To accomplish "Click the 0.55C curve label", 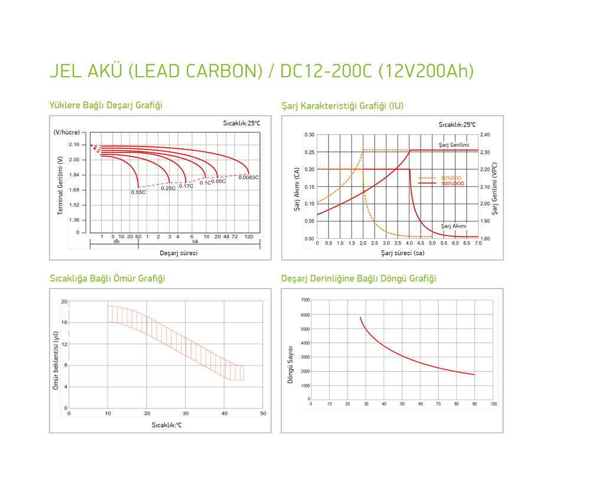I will pos(138,192).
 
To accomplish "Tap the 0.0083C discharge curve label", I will pos(249,177).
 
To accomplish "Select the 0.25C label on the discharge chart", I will pos(168,188).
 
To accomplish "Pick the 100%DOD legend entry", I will pos(453,184).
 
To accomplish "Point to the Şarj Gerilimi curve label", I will pos(454,145).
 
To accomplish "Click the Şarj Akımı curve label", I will pos(454,226).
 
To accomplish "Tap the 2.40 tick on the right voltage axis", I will pos(485,135).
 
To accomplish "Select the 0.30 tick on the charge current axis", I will pos(310,135).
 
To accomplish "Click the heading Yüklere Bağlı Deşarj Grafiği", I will pos(106,105).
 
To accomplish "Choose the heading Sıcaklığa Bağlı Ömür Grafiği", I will pos(107,278).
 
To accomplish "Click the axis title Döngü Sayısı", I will pos(290,365).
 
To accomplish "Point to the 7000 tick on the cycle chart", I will pos(305,300).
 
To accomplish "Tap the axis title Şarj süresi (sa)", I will pos(402,253).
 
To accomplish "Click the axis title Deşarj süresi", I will pos(178,253).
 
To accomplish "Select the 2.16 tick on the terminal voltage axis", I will pos(74,145).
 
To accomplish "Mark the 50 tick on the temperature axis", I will pos(263,414).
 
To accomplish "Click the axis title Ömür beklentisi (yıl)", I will pos(56,360).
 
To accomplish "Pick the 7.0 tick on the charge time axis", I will pos(478,244).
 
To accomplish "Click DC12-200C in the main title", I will pos(326,71).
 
